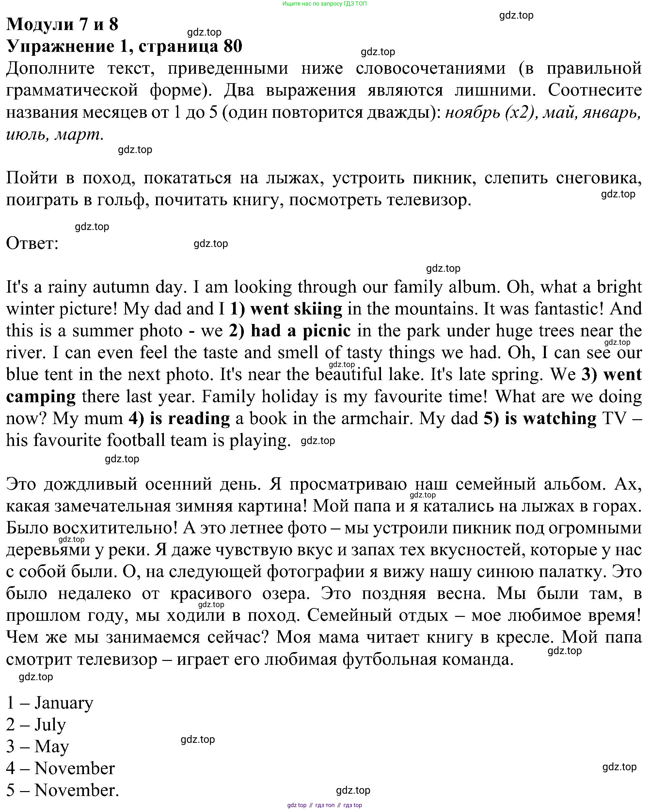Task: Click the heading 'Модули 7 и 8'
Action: (x=62, y=24)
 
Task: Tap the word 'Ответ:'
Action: (x=32, y=243)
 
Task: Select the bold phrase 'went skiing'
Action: (x=296, y=309)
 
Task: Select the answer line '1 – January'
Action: (x=50, y=703)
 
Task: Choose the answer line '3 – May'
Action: (x=38, y=746)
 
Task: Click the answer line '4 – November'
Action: (x=60, y=768)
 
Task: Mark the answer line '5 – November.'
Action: (x=62, y=790)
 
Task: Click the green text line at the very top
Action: (x=325, y=4)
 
